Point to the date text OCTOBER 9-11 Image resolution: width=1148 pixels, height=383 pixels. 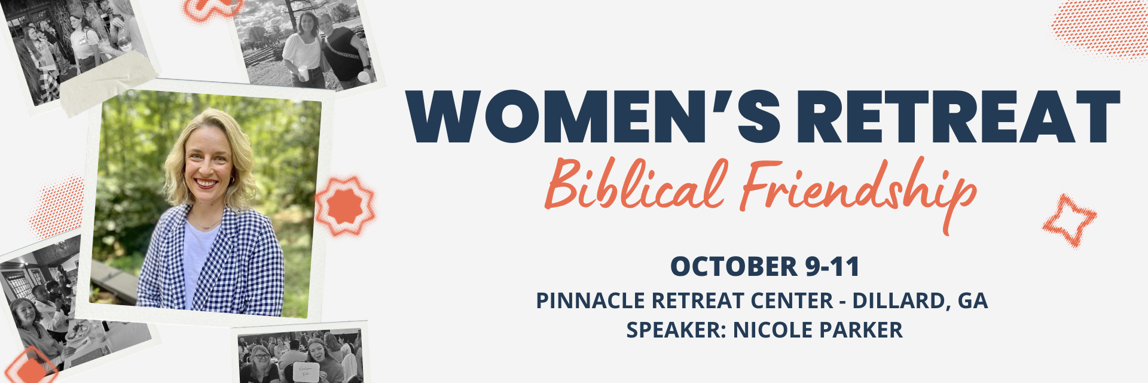tap(765, 266)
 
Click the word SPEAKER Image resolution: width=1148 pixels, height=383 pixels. tap(676, 330)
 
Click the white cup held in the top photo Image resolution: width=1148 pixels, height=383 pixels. tap(303, 74)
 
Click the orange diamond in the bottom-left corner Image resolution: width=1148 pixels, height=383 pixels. tap(30, 366)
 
